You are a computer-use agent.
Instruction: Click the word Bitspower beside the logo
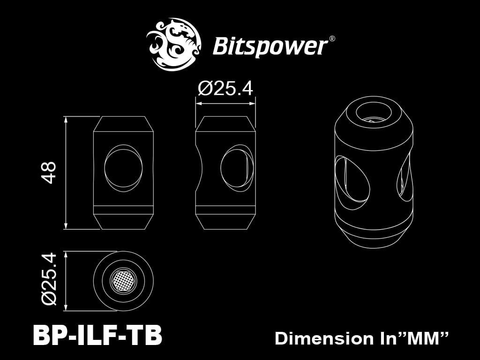point(270,46)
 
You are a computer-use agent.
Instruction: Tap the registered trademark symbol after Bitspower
point(332,39)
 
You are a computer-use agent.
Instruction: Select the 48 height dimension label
point(48,172)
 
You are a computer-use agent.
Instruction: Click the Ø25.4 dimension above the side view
point(225,88)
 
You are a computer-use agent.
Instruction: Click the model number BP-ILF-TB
point(97,336)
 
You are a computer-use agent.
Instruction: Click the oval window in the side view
point(237,168)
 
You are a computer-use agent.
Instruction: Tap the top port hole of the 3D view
point(373,113)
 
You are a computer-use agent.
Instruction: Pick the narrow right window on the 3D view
point(404,180)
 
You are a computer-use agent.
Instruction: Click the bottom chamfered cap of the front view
point(123,222)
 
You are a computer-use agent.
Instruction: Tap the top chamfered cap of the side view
point(225,124)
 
